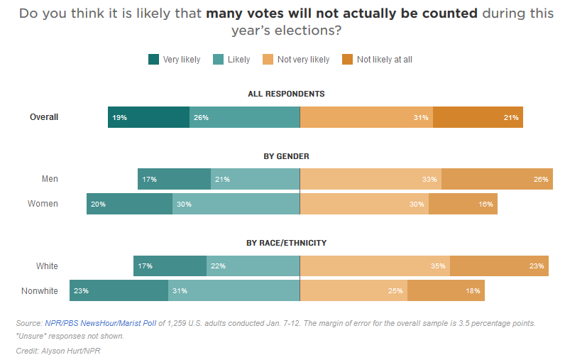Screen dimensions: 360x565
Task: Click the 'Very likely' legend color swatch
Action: tap(154, 60)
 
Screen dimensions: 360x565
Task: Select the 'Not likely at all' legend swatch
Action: tap(348, 60)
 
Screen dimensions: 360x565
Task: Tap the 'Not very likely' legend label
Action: tap(303, 60)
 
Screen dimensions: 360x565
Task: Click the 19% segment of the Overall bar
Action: tap(148, 117)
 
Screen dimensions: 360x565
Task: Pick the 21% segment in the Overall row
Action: tap(478, 117)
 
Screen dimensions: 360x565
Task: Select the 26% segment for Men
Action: tap(497, 179)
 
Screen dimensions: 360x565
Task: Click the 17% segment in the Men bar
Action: tap(174, 179)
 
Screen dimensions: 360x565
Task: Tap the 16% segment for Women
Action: tap(463, 204)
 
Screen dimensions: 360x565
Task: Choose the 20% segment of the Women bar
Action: tap(129, 204)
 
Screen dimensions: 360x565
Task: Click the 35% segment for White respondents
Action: tap(375, 266)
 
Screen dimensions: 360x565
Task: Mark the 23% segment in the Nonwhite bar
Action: tap(119, 290)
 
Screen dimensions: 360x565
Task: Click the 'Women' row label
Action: tap(43, 204)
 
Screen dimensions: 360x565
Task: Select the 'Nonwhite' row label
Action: tap(40, 290)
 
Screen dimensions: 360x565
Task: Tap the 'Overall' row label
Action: tap(44, 117)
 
